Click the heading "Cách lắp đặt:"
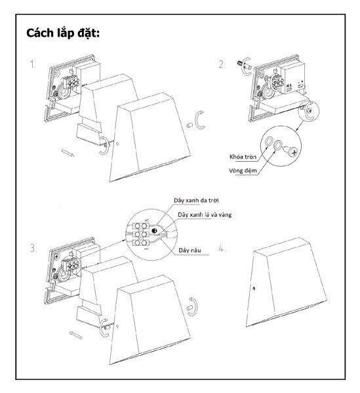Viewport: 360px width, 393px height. tap(63, 33)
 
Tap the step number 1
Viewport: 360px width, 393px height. tap(33, 65)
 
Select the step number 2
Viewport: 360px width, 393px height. tap(222, 64)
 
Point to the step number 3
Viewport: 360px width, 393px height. tap(33, 248)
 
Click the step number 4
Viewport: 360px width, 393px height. tap(222, 248)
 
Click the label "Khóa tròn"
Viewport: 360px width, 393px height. tap(243, 157)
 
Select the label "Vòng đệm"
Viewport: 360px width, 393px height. tap(243, 171)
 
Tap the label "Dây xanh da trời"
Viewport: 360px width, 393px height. tap(196, 200)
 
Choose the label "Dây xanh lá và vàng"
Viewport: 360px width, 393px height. tap(205, 215)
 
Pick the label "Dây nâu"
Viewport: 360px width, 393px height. tap(190, 250)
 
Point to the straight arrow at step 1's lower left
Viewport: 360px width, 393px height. tap(68, 153)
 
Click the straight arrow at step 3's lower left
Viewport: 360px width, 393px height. tap(76, 335)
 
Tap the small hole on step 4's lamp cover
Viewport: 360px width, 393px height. tap(254, 288)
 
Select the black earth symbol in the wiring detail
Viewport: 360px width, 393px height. tap(155, 231)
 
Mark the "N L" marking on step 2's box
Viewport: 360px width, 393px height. tap(289, 86)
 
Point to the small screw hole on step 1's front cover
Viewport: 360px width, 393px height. tap(117, 144)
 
